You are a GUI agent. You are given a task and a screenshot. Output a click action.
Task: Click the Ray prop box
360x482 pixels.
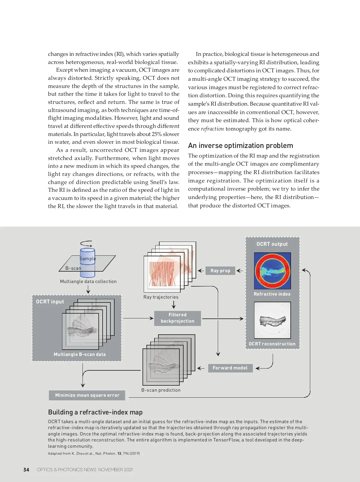click(220, 270)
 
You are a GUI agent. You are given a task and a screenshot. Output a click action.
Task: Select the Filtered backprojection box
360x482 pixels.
click(177, 318)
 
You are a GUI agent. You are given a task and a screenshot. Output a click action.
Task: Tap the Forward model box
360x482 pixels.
click(230, 368)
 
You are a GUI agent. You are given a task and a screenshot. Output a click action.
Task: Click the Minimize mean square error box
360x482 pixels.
click(87, 395)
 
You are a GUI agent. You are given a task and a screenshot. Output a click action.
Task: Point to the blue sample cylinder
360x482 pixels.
click(87, 263)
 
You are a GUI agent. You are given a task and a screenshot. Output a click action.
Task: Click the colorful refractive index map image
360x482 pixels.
click(272, 271)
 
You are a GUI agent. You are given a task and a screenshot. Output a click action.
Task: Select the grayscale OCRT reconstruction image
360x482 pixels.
click(272, 320)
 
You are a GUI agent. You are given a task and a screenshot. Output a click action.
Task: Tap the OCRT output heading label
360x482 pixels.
click(272, 244)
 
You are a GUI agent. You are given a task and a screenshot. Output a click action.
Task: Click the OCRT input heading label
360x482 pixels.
click(50, 302)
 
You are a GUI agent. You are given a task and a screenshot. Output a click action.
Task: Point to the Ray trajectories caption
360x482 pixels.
click(161, 297)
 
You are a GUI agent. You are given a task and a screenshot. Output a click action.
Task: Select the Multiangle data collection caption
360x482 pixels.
click(88, 282)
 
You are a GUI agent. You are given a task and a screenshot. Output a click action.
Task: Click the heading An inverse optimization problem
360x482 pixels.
click(241, 146)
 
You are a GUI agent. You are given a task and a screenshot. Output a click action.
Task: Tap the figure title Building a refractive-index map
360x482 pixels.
click(95, 412)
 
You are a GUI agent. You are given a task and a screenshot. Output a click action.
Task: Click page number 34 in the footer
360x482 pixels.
click(26, 470)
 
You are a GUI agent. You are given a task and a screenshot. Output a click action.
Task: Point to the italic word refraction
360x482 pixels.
click(212, 129)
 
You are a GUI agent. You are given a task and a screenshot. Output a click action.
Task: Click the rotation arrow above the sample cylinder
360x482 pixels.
click(86, 244)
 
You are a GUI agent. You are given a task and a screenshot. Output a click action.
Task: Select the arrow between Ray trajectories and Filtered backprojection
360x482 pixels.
click(174, 305)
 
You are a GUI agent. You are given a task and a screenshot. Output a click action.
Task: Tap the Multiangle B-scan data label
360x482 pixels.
click(80, 354)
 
